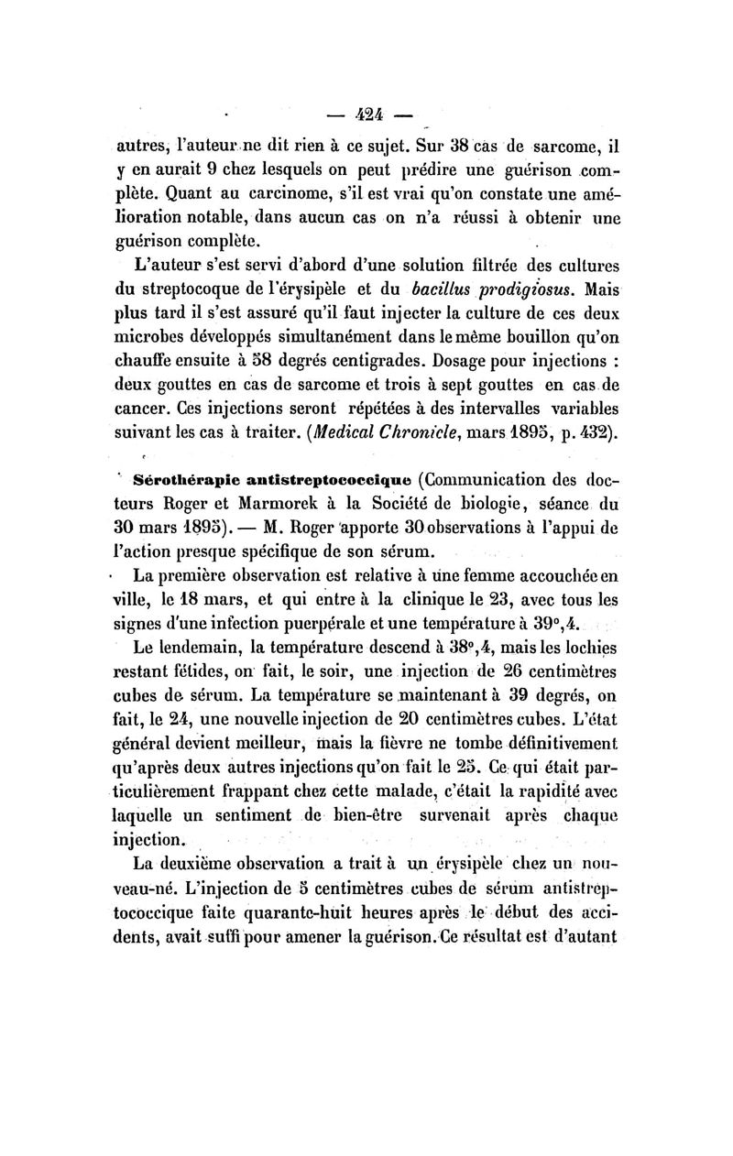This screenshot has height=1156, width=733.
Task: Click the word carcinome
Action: [x=257, y=196]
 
